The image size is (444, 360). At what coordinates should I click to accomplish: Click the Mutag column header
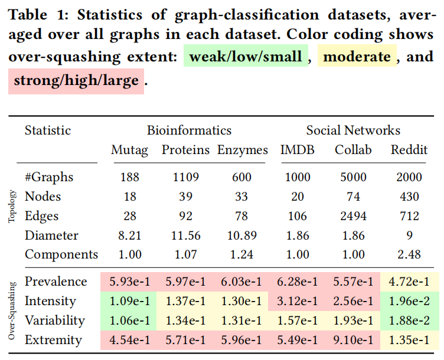click(129, 150)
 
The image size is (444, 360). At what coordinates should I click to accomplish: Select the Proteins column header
click(185, 150)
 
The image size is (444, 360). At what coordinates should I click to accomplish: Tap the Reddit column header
click(409, 150)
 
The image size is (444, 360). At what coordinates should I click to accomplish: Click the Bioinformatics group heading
click(189, 130)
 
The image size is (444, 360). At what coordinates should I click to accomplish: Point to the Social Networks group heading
click(353, 130)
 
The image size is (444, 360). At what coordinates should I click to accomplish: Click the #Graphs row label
click(50, 177)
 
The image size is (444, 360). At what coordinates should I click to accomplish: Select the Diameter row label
click(51, 235)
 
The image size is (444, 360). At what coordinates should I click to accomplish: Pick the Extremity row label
click(54, 340)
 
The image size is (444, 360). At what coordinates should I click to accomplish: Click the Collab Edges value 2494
click(353, 216)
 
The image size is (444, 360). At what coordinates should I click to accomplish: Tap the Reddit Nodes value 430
click(409, 197)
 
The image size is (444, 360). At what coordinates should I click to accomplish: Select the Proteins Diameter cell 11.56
click(185, 235)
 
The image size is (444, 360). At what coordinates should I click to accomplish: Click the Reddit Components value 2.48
click(409, 255)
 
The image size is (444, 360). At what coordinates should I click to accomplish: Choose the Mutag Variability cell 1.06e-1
click(129, 320)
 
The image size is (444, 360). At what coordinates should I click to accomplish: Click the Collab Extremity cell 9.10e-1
click(353, 340)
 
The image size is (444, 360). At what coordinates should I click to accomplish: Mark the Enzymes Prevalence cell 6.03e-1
click(241, 282)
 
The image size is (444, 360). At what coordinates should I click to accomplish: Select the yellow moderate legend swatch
click(357, 57)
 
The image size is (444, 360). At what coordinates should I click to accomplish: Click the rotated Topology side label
click(12, 207)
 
